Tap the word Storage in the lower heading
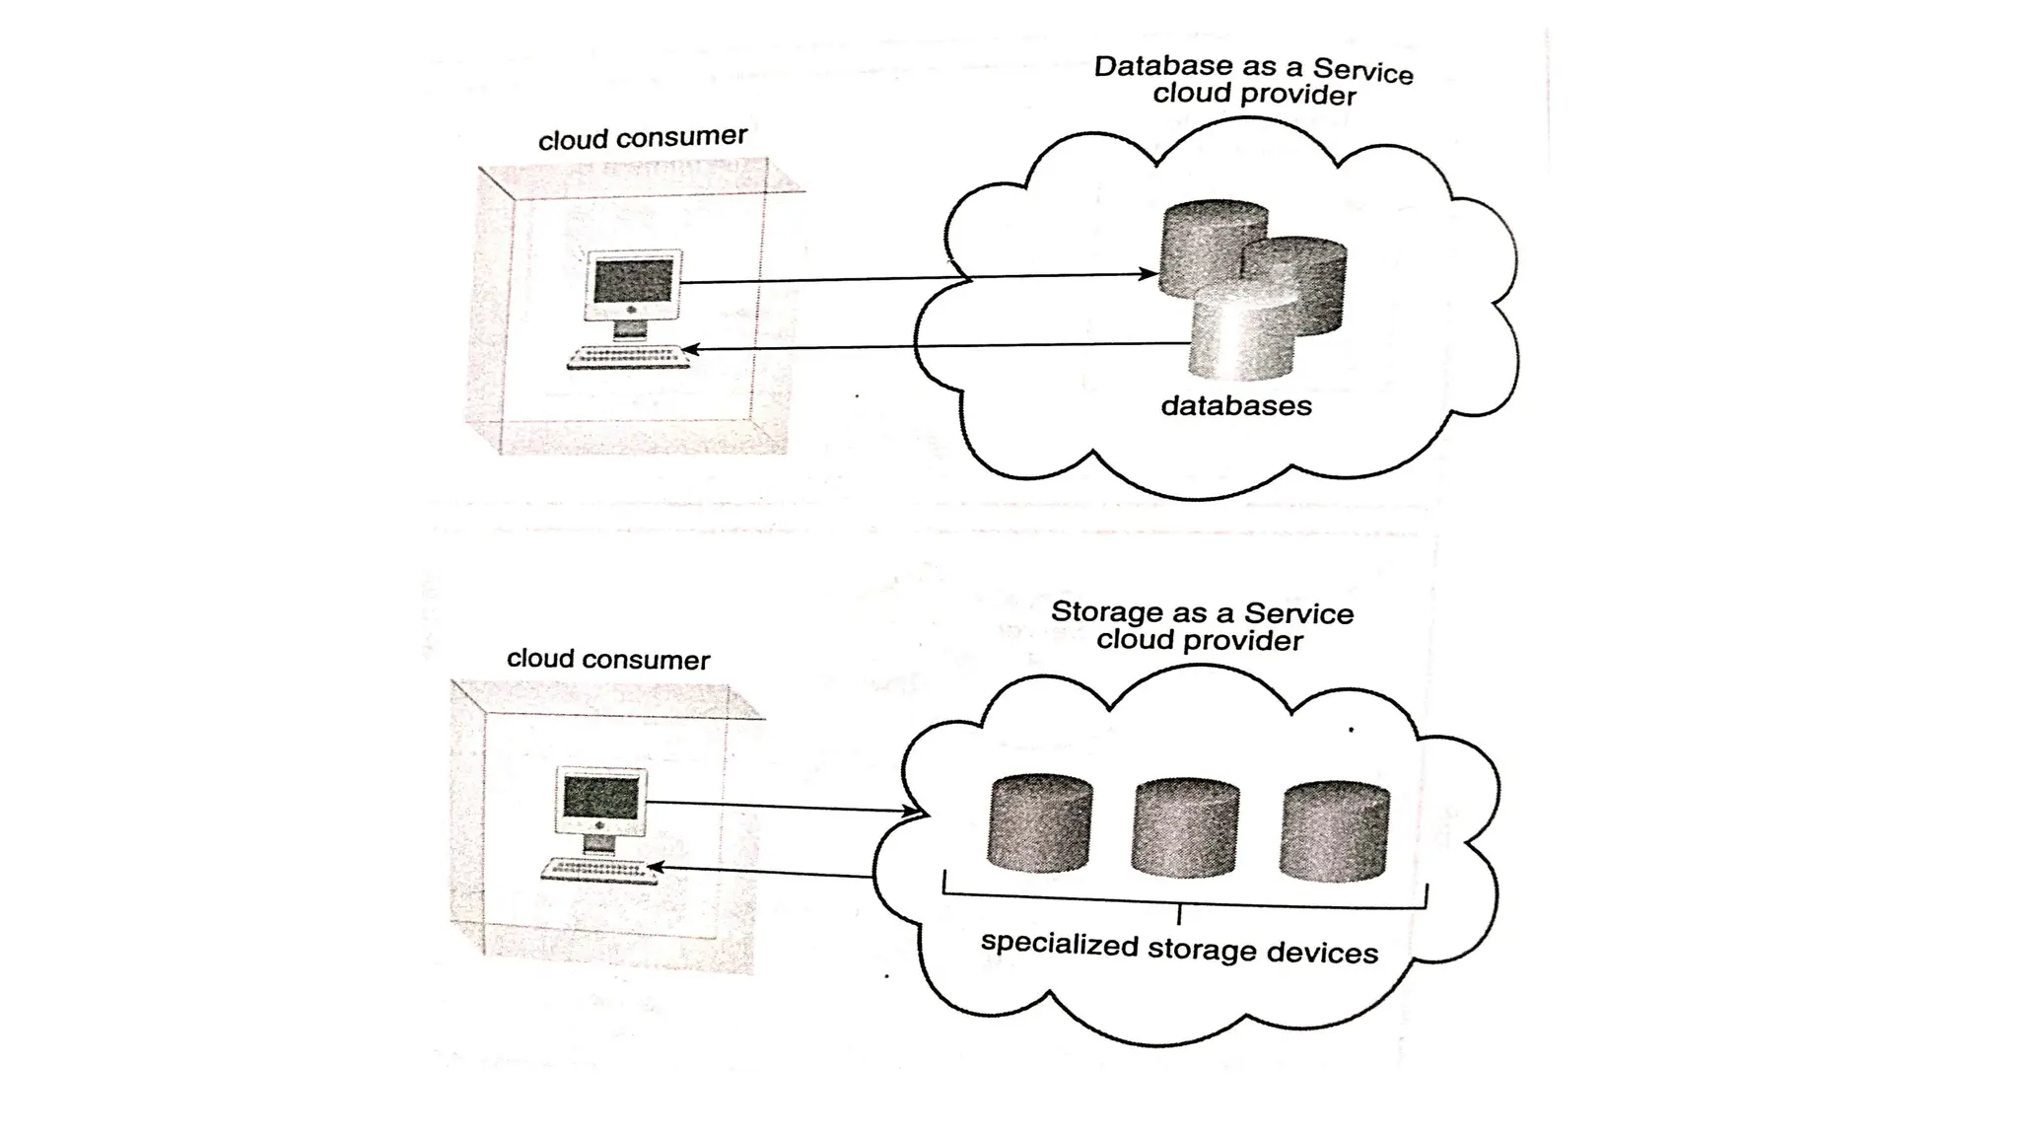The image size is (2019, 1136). [1106, 611]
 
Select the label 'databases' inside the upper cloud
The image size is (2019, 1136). [1236, 406]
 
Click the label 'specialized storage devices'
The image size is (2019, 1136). [1179, 948]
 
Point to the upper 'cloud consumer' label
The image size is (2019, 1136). [643, 138]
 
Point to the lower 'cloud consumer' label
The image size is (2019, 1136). [608, 660]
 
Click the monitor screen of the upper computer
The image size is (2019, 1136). [634, 281]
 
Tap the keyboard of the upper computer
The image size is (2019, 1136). [628, 358]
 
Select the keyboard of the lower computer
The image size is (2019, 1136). [598, 871]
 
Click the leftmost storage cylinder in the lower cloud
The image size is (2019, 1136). [1039, 823]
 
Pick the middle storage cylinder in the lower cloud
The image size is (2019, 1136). [1185, 828]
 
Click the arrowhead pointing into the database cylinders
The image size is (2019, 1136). [1149, 274]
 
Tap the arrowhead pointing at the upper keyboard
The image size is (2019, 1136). [691, 349]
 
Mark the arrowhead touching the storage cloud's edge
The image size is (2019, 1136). [912, 811]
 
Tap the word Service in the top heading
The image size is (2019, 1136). [1362, 71]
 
